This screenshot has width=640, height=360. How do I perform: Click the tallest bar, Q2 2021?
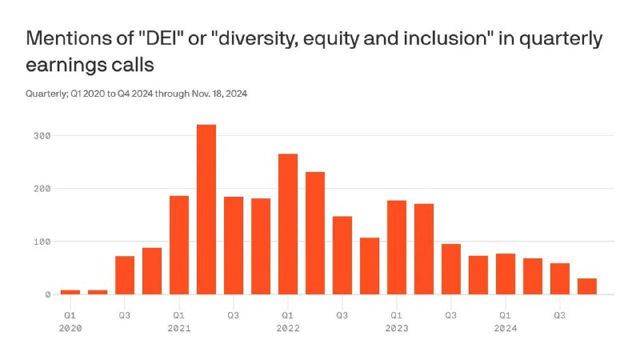206,210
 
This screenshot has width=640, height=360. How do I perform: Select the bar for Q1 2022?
288,224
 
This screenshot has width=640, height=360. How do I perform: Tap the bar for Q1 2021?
179,245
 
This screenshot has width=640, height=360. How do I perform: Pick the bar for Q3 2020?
125,275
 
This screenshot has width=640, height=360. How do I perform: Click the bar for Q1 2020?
70,292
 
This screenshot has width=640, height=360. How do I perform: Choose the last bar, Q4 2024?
587,286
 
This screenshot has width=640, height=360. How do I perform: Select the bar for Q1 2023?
397,247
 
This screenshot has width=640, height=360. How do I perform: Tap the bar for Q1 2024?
506,274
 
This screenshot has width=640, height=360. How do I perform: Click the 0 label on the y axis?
48,294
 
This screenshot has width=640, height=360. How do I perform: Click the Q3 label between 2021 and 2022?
234,315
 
